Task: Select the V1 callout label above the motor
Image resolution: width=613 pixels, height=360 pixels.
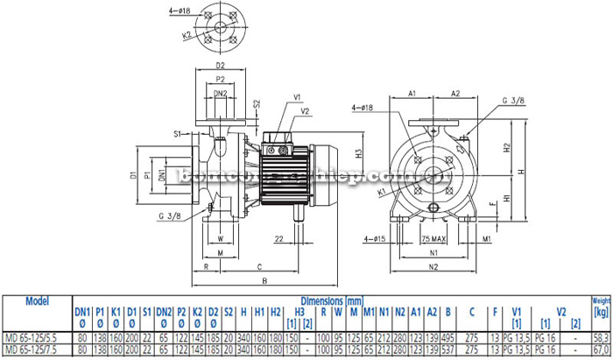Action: pos(297,96)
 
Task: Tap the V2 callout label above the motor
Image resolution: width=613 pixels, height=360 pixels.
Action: pos(305,111)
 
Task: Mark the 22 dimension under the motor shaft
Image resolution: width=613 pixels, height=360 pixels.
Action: pos(279,237)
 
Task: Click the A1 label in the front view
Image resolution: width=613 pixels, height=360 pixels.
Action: pos(412,92)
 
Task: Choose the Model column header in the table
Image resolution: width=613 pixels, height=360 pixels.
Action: pos(37,301)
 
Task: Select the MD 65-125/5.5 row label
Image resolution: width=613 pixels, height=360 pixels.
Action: pos(35,336)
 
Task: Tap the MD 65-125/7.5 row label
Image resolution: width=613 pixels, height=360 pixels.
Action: pos(35,349)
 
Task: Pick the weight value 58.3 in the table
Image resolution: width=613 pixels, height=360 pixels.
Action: pos(598,336)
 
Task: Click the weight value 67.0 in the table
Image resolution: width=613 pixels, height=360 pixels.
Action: pos(598,349)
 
